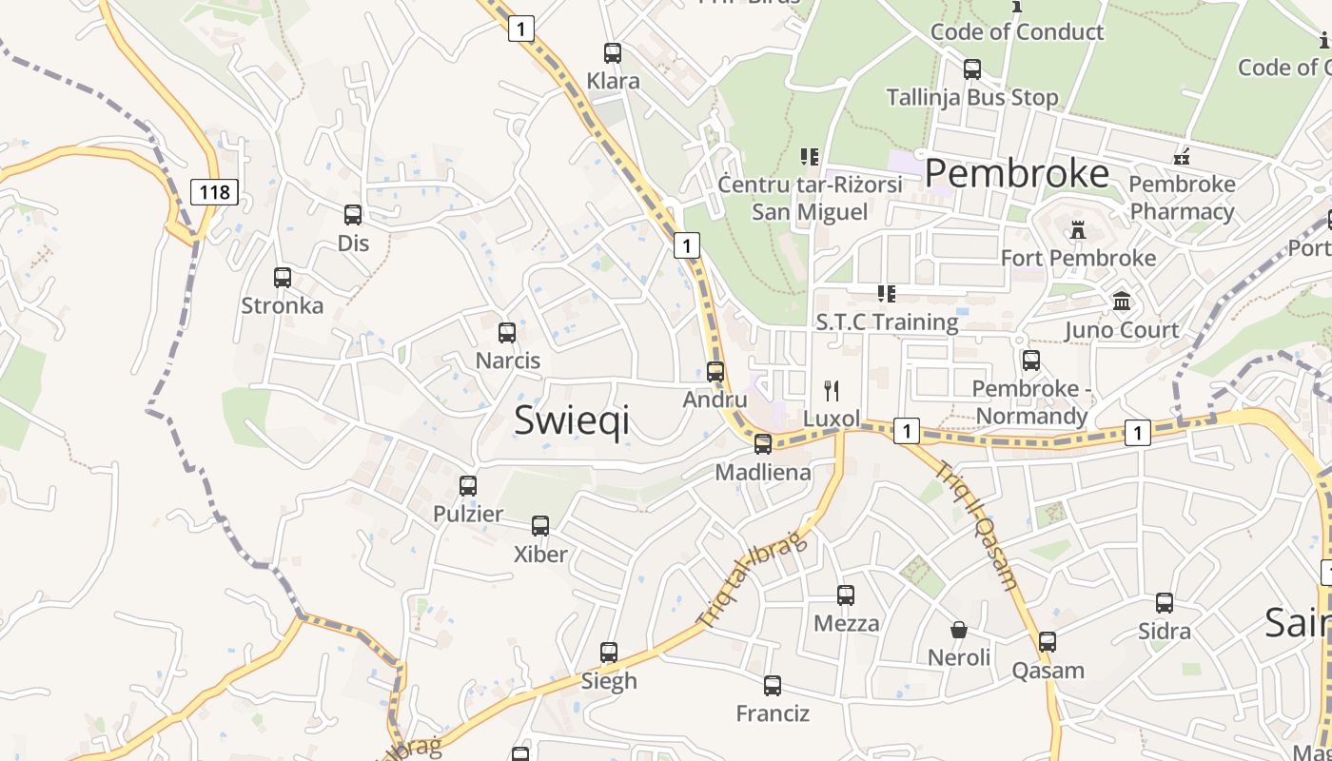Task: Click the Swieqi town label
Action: pyautogui.click(x=572, y=420)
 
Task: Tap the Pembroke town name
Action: pyautogui.click(x=1016, y=173)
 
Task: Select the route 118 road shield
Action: pyautogui.click(x=214, y=192)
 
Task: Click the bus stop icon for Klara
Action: pyautogui.click(x=613, y=53)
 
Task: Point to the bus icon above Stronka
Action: pyautogui.click(x=283, y=278)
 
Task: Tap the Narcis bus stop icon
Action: pyautogui.click(x=507, y=333)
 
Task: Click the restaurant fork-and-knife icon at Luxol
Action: pyautogui.click(x=832, y=390)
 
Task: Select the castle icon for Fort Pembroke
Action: pyautogui.click(x=1078, y=230)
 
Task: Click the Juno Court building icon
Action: pyautogui.click(x=1122, y=302)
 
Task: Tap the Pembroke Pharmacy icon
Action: pyautogui.click(x=1182, y=156)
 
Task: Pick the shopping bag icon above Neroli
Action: pyautogui.click(x=959, y=630)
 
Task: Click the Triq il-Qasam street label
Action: pyautogui.click(x=977, y=526)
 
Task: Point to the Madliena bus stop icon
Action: pyautogui.click(x=763, y=444)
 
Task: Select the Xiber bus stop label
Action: pyautogui.click(x=540, y=554)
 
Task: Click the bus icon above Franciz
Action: pyautogui.click(x=773, y=686)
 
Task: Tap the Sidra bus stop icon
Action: pyautogui.click(x=1165, y=603)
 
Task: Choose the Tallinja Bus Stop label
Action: pyautogui.click(x=971, y=97)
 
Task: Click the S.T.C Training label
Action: pyautogui.click(x=887, y=322)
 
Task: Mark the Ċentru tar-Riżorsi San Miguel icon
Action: pyautogui.click(x=810, y=156)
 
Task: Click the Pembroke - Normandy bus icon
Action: pyautogui.click(x=1031, y=361)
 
